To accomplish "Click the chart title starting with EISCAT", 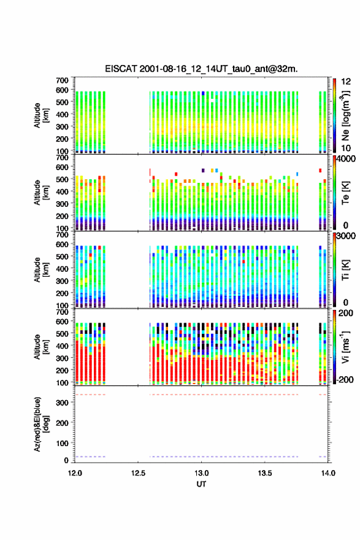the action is click(x=201, y=69).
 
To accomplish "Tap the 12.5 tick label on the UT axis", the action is click(x=138, y=473).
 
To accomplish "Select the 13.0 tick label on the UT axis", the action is click(x=201, y=473).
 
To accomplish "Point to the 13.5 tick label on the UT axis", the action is click(x=265, y=473).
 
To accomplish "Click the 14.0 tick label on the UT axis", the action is click(x=328, y=473).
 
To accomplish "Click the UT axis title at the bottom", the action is click(x=201, y=484).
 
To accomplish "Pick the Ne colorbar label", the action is click(x=345, y=116).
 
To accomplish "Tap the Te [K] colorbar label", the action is click(x=345, y=193).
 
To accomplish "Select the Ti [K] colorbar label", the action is click(x=345, y=270).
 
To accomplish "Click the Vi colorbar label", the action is click(x=345, y=347).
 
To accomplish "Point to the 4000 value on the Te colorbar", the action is click(x=347, y=160).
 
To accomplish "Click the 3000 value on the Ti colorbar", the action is click(x=347, y=236).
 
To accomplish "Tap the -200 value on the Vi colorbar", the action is click(x=345, y=379).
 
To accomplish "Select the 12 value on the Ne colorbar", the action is click(x=346, y=82).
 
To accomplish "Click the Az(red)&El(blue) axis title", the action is click(x=41, y=424).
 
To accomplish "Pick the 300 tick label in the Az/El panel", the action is click(x=63, y=403).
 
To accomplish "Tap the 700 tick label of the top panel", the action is click(x=63, y=80).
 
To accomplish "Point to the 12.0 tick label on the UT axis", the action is click(x=75, y=473).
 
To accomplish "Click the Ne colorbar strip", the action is click(x=334, y=115).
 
